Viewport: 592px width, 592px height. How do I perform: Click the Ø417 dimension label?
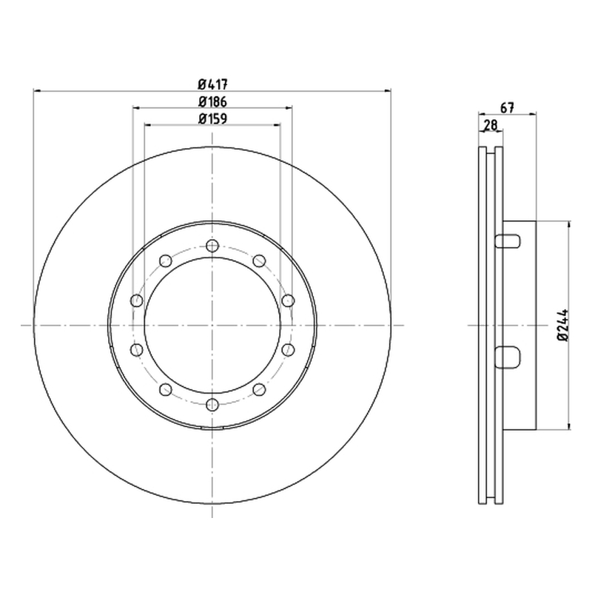212,84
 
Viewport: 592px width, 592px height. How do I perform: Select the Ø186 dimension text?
212,101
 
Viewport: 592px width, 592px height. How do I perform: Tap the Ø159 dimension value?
212,119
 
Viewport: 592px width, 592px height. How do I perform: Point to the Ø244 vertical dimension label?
563,325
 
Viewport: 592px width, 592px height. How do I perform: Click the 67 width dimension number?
507,108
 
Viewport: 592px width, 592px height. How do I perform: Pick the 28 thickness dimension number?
490,125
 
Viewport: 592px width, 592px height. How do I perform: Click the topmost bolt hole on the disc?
212,246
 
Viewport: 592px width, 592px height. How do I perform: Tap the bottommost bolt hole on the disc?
212,405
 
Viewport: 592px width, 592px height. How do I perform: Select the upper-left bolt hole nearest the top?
166,261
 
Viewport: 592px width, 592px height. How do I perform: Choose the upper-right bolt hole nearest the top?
260,261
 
